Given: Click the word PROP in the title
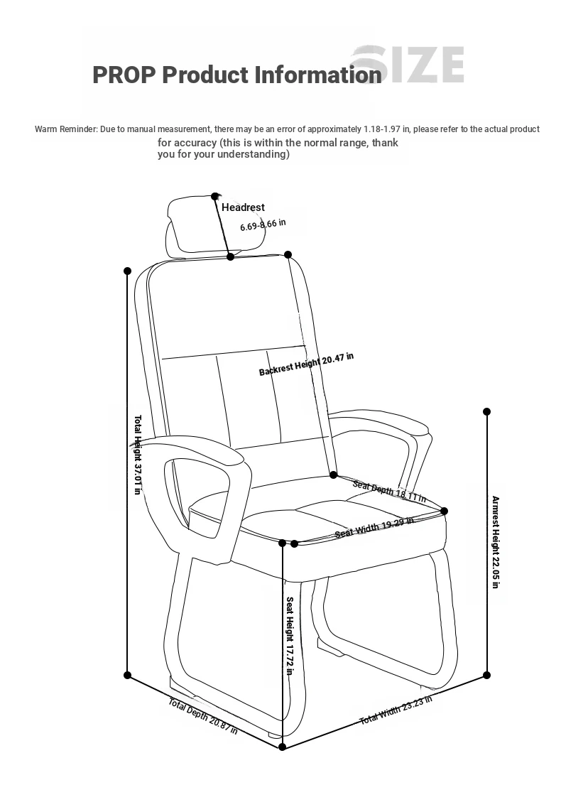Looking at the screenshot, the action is point(124,75).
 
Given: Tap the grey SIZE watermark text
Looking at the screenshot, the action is point(408,65).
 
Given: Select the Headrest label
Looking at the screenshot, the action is point(243,207).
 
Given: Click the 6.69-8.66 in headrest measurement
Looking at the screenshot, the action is point(263,225).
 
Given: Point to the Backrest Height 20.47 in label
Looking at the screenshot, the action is point(306,364).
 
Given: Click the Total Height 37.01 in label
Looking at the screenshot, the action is point(138,455).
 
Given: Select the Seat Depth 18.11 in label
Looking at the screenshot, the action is point(389,491).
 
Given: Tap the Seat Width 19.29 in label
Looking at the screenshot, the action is point(374,528).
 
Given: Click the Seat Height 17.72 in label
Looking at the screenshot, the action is point(290,636).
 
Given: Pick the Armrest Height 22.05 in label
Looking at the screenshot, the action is point(496,542).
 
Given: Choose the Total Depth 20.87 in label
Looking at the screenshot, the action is point(203,716).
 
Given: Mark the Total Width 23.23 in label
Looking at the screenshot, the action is point(396,710).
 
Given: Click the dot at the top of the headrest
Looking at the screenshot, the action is point(214,197).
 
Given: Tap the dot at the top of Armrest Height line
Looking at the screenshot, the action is point(487,411).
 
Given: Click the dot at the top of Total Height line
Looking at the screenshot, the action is point(128,271).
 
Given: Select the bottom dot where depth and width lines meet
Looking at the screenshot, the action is point(282,747).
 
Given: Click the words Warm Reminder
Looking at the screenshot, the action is point(65,129).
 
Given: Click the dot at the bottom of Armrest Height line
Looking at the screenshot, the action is point(487,676).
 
